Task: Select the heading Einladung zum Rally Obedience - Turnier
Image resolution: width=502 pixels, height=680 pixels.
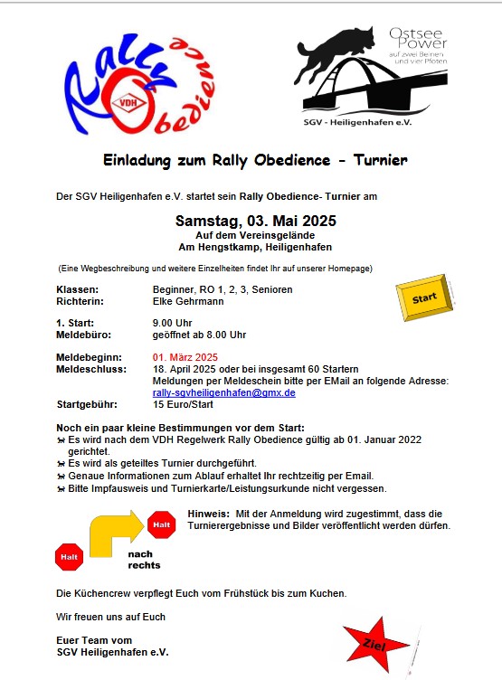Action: click(254, 160)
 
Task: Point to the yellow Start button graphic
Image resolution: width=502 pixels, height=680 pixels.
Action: click(424, 299)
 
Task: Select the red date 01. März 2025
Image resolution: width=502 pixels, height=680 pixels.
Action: click(185, 356)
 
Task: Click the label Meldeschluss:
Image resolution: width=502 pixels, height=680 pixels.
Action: click(88, 369)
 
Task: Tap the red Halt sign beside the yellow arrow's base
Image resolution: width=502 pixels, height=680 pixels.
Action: click(70, 557)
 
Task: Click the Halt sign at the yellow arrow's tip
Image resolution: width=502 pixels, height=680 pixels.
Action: click(162, 524)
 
